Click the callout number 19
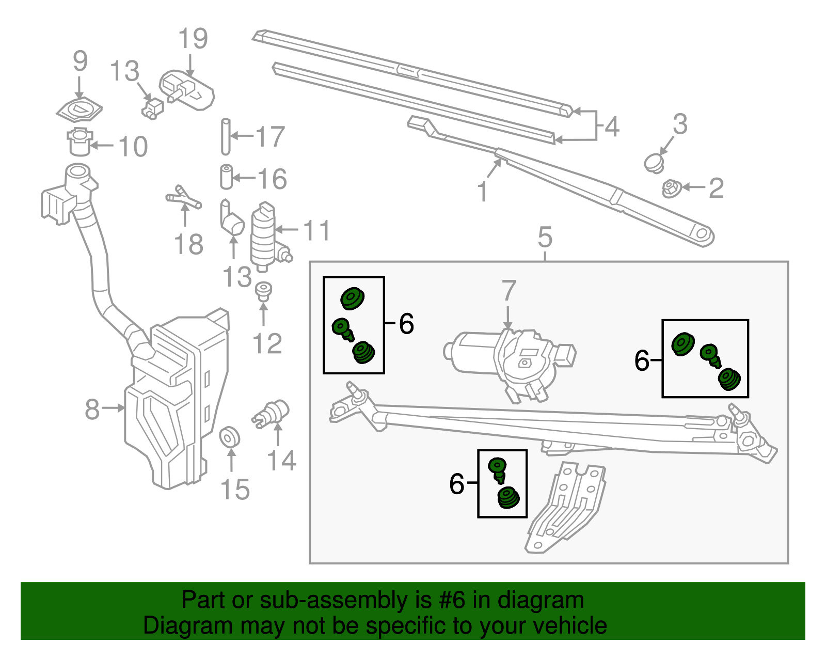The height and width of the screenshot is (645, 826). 193,39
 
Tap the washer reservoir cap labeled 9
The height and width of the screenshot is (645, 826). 79,109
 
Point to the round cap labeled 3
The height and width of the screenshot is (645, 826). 655,163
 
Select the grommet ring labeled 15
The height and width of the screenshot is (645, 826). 230,437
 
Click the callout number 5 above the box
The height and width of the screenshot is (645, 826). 545,238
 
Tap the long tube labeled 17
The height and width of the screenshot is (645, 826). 226,136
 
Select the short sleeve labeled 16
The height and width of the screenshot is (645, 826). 226,177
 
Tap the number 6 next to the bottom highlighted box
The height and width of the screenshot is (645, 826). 457,484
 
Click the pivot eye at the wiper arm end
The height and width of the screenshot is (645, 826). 702,234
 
